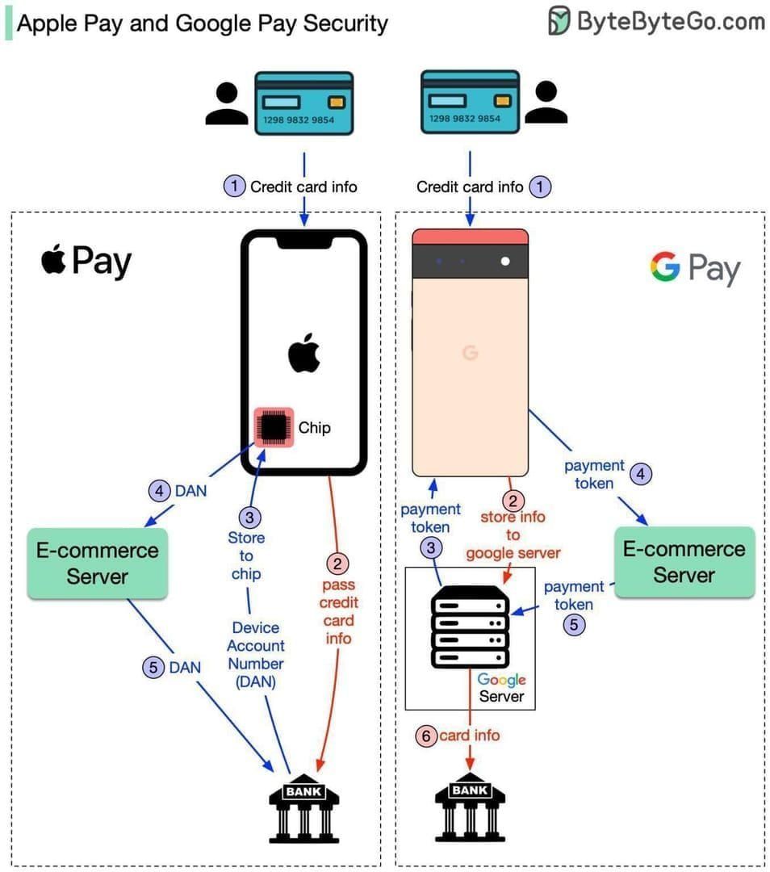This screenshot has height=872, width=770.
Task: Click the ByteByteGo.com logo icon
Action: (559, 20)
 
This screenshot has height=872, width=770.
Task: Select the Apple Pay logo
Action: (86, 262)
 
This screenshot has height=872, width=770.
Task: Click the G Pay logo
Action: (694, 268)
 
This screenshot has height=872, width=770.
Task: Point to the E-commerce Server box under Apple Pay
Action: (98, 564)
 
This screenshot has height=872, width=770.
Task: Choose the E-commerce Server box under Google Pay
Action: (684, 562)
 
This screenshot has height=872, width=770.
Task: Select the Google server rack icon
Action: (470, 627)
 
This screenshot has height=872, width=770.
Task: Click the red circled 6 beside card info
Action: (426, 736)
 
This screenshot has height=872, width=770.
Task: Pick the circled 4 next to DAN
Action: (159, 490)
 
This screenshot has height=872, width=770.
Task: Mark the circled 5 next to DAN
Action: (153, 667)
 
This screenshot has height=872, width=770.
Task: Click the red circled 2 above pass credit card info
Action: (337, 563)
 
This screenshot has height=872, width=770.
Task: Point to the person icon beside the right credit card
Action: (546, 103)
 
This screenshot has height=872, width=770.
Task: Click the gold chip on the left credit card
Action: (337, 103)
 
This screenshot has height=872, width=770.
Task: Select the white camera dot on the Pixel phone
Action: (505, 261)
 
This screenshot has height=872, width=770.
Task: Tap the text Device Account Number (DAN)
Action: (256, 654)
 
